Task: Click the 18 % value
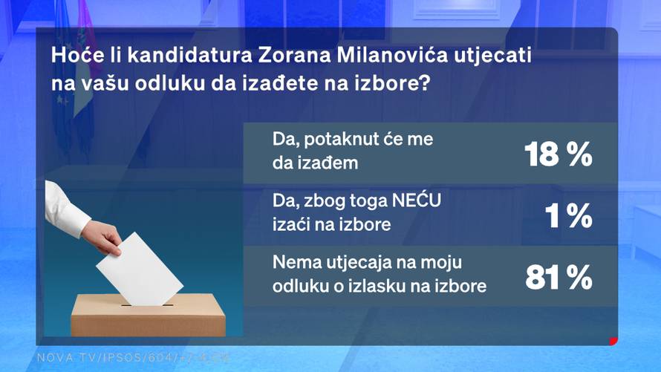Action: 558,154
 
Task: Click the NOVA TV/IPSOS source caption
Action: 134,358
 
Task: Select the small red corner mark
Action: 613,341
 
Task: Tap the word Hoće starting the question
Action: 71,56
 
